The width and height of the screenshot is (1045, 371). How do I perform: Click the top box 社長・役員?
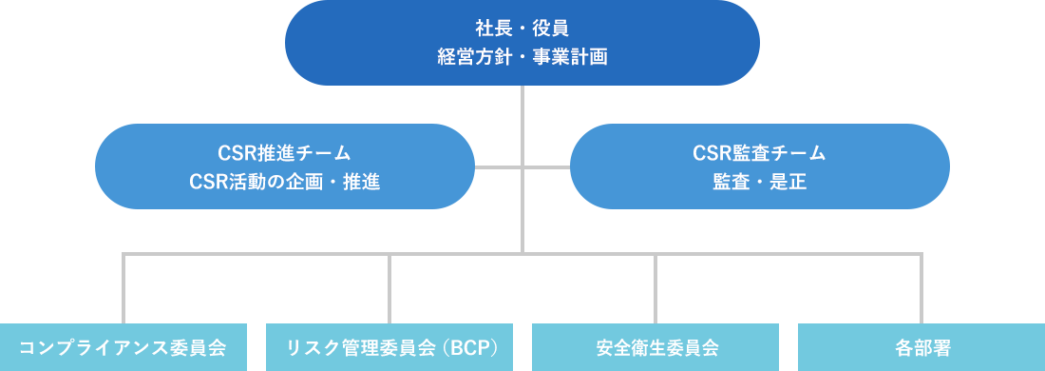(x=522, y=43)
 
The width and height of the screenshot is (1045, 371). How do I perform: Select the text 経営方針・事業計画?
(x=522, y=57)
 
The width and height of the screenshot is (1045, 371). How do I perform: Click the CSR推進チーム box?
(x=284, y=166)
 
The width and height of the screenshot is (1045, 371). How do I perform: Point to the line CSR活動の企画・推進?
(x=284, y=182)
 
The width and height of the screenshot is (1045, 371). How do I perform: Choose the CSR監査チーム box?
(x=759, y=166)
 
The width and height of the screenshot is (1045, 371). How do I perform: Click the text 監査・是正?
(x=759, y=182)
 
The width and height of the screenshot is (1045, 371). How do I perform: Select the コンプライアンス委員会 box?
(x=123, y=346)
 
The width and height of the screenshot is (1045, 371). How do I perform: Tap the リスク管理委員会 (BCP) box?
(x=389, y=346)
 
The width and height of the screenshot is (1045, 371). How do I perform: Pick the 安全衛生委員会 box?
(x=655, y=346)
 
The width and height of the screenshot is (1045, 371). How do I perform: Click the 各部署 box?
(x=921, y=346)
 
